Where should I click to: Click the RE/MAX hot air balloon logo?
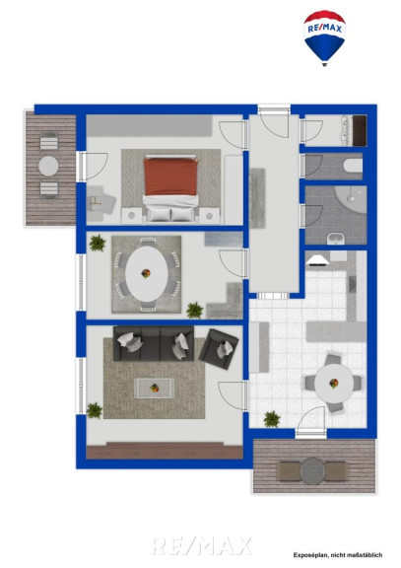324,38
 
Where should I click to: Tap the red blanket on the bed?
170,177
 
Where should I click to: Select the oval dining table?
146,273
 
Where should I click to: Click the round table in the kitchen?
334,384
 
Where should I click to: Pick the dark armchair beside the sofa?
219,349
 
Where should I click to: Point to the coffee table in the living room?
155,388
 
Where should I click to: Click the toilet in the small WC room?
353,166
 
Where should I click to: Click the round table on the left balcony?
48,166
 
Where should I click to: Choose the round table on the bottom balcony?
312,471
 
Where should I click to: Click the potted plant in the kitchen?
272,419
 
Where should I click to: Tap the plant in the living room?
95,410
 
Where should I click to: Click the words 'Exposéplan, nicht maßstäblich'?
338,555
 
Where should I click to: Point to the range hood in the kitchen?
318,259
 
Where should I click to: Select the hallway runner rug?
257,198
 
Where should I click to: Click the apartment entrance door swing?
274,123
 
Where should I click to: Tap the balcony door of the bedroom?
93,167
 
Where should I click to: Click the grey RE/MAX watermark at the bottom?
201,545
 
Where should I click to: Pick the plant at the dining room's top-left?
98,243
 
